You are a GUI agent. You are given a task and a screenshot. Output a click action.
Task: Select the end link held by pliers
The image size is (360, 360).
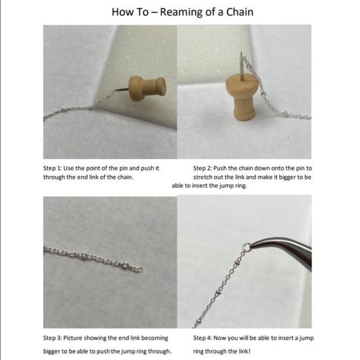coord(246,248)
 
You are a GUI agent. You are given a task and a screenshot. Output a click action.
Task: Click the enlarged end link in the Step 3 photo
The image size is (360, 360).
coord(138,268)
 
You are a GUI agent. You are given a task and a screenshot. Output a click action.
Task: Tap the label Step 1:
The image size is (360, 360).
coord(54,168)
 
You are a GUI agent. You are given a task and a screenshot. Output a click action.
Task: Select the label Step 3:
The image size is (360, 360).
coord(54,338)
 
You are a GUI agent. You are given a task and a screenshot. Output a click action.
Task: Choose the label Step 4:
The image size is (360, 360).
coord(204,338)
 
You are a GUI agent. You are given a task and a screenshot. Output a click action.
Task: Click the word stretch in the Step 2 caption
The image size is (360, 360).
coord(204,177)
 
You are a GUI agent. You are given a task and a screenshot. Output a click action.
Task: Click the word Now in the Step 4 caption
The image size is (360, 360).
coord(226,338)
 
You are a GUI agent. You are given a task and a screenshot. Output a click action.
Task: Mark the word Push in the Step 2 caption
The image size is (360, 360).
coord(226,168)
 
